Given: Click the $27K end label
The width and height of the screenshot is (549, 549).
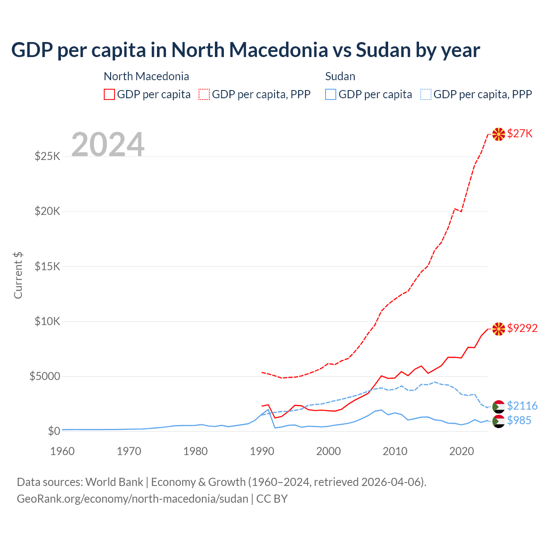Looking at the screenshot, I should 520,134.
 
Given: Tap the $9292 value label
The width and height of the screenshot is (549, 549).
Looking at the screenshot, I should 522,329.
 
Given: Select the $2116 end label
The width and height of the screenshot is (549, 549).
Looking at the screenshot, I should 522,406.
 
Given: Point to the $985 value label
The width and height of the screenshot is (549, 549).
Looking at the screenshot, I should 519,421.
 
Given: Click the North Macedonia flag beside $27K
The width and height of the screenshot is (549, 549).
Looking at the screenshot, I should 498,134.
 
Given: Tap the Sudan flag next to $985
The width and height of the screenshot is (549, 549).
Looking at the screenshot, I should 498,421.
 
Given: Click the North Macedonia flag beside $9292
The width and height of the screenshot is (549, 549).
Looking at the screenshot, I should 498,329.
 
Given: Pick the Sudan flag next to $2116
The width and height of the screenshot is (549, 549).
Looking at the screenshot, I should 498,407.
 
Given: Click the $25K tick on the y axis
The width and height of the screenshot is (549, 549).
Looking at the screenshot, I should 48,157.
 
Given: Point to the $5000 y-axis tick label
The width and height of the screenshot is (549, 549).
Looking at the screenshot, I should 45,377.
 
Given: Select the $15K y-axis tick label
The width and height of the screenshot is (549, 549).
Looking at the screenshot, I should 48,267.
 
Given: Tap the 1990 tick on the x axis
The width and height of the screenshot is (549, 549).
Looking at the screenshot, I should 262,452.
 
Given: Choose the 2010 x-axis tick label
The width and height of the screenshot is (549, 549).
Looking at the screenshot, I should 395,452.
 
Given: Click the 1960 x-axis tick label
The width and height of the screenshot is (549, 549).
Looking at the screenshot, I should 63,452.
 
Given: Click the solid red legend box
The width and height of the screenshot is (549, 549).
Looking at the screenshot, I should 109,94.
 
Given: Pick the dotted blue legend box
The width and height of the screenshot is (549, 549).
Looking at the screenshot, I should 426,94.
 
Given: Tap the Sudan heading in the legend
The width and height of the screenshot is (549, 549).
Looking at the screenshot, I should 340,77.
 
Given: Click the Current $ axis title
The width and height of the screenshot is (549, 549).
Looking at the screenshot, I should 18,275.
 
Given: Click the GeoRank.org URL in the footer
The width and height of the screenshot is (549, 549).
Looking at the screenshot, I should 133,499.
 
